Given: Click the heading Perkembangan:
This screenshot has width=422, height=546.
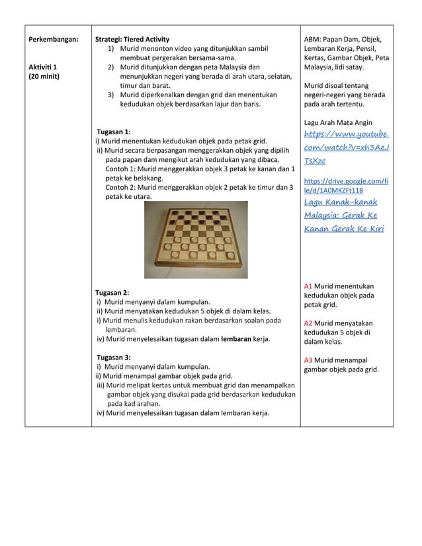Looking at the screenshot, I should (x=53, y=39).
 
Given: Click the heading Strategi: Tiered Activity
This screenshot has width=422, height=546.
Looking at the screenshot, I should (x=133, y=39).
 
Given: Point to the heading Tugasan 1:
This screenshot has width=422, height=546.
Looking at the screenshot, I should (x=114, y=132).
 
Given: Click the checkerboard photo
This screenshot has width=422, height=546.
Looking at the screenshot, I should (x=196, y=240).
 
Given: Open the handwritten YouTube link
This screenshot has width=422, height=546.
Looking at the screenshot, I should (x=345, y=147).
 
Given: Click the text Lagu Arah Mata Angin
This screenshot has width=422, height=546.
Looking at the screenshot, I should (x=337, y=122).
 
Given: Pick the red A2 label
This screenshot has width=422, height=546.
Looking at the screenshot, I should (x=308, y=323).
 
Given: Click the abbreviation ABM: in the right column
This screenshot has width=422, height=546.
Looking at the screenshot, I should (x=313, y=39).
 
